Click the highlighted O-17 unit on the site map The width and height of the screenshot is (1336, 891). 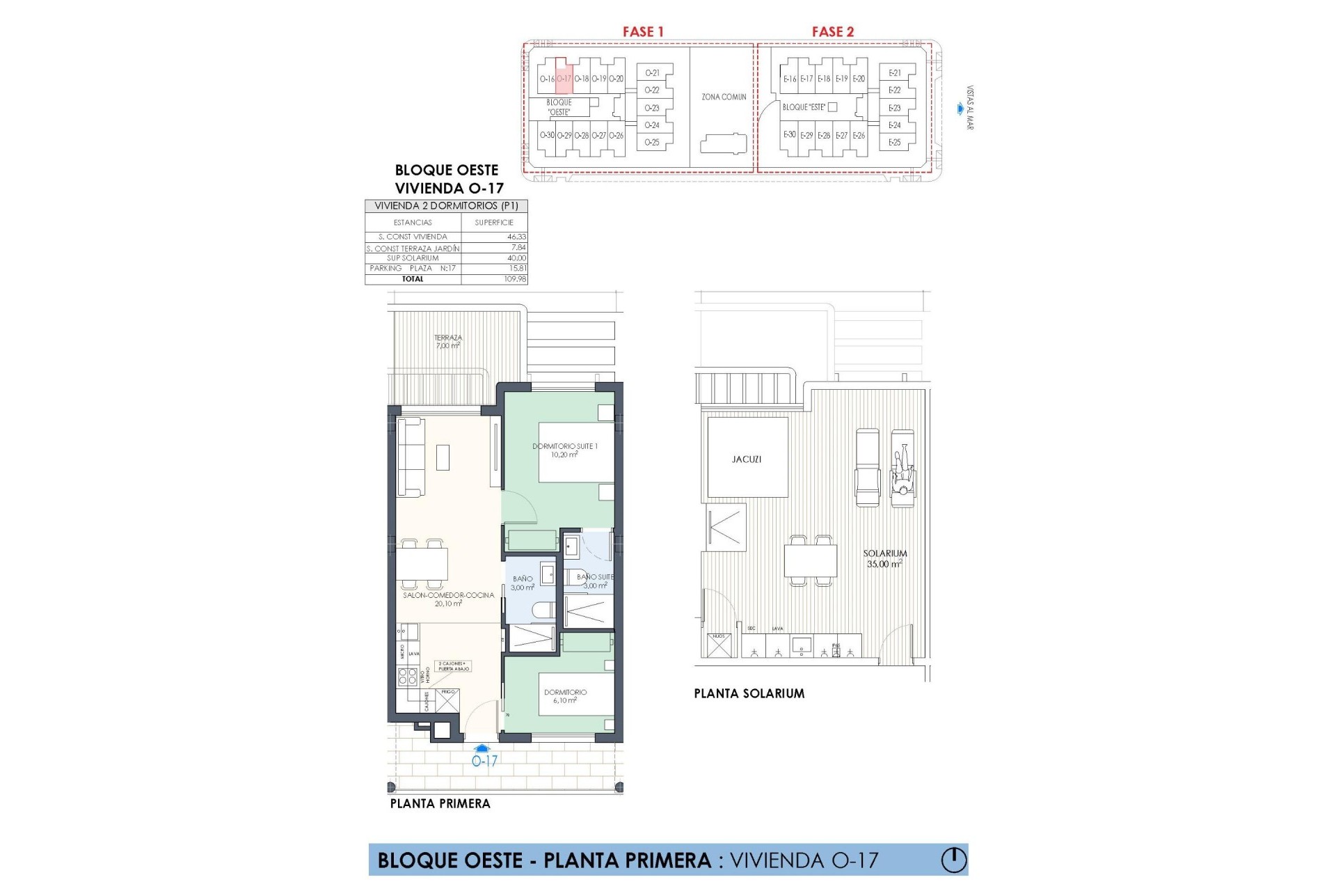(564, 79)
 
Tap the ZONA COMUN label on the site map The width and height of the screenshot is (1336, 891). (724, 97)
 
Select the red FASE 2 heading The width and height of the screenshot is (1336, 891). (832, 31)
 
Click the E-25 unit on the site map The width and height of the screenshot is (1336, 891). (894, 142)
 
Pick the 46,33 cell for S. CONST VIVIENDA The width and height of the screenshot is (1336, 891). (516, 237)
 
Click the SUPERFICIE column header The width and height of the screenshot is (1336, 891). (494, 223)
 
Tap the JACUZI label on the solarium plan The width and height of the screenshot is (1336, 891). (747, 459)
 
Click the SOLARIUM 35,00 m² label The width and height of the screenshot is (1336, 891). (885, 559)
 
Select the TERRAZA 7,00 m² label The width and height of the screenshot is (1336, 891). (448, 341)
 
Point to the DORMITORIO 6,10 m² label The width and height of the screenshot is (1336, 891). (565, 696)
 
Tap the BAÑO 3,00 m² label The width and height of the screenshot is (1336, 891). (523, 583)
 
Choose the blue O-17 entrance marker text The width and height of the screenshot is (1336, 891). (484, 762)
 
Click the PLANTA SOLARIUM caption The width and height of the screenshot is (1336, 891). (749, 693)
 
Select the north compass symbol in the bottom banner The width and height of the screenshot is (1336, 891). (953, 860)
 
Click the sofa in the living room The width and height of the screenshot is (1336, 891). (411, 456)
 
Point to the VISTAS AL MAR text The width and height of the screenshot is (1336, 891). (970, 108)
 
